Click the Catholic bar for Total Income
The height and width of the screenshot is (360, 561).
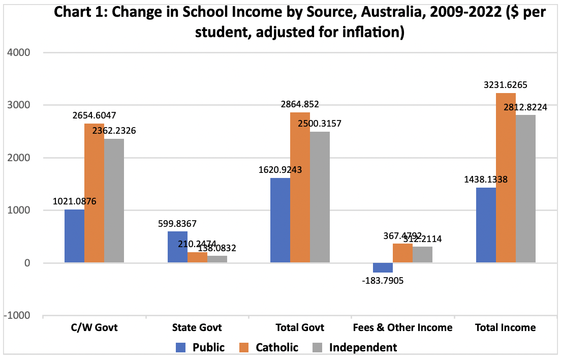(x=506, y=178)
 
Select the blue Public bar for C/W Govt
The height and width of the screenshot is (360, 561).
(x=75, y=236)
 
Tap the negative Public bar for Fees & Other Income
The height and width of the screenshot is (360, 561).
(x=382, y=268)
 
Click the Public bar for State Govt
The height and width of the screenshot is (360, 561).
(x=177, y=247)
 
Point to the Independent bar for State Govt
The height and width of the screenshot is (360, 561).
(x=217, y=259)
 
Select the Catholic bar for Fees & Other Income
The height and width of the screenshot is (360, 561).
(x=402, y=253)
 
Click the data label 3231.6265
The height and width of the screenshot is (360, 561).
(x=506, y=85)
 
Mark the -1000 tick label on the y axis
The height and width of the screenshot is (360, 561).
(x=17, y=316)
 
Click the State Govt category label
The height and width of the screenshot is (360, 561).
(x=197, y=327)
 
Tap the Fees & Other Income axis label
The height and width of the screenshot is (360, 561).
(x=402, y=327)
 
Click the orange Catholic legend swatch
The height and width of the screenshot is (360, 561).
(x=245, y=348)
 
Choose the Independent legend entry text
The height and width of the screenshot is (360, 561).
(x=363, y=348)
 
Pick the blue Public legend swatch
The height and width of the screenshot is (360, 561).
(x=182, y=348)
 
